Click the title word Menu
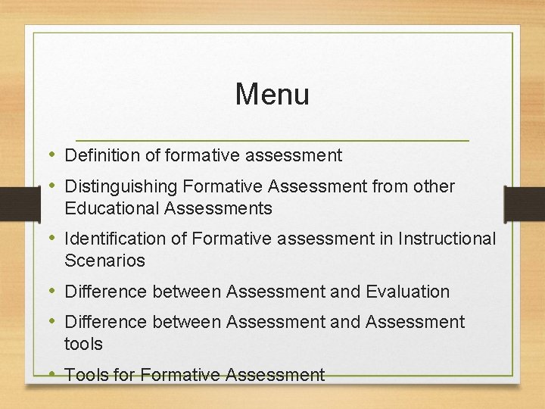(272, 95)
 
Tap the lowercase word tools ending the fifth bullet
(83, 343)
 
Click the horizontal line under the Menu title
(272, 141)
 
